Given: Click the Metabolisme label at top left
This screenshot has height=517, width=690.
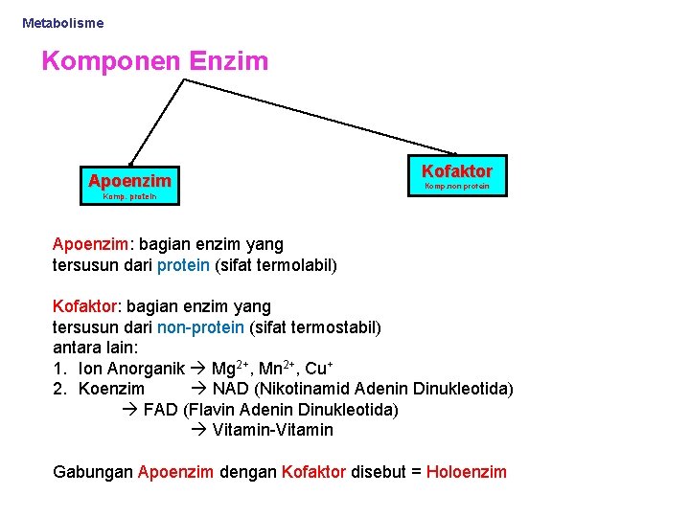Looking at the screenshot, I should tap(62, 22).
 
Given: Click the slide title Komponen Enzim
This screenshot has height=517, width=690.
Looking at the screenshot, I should tap(154, 62).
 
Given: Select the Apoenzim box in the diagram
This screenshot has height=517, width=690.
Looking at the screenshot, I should tap(129, 180).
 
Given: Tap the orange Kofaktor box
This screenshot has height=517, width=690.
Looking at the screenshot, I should tap(457, 170).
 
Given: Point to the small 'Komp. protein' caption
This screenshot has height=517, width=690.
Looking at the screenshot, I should tap(129, 197).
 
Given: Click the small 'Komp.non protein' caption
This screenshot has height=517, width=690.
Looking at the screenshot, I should tap(457, 186).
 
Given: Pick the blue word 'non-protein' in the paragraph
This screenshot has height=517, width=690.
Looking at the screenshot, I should tap(200, 326).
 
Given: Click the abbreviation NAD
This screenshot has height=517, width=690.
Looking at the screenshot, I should tap(230, 389).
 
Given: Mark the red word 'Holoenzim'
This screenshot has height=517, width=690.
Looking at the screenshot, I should tap(466, 471).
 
